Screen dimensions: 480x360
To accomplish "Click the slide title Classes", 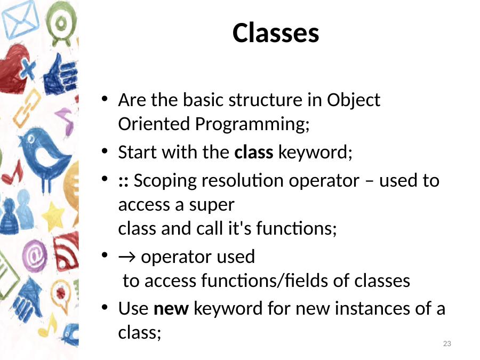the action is (276, 33).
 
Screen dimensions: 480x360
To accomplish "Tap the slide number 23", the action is (447, 343).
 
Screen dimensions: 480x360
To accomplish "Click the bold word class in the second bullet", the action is (253, 152).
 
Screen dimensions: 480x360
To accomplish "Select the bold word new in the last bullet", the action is (171, 309).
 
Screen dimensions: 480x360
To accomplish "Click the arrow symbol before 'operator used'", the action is (126, 257).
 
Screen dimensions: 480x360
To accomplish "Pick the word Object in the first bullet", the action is (354, 100).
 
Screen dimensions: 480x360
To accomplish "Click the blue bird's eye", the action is (31, 139).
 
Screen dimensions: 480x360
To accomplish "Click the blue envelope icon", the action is (20, 19).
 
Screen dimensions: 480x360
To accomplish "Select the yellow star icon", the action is (53, 217).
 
